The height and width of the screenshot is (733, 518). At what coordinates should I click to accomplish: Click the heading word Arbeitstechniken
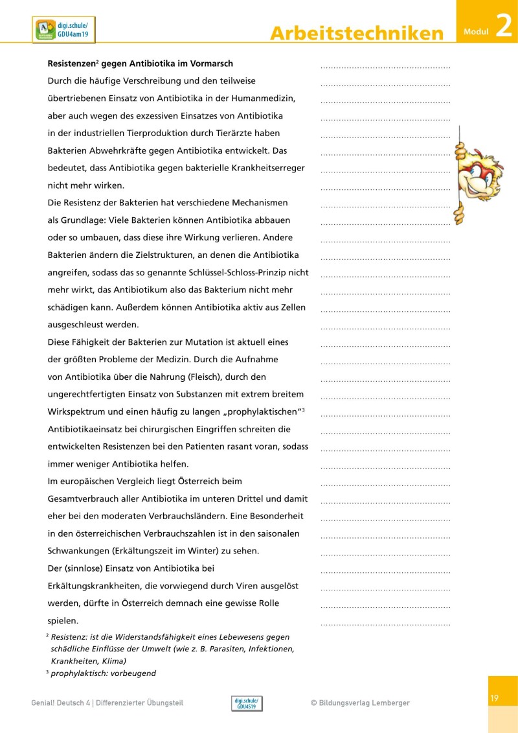(x=357, y=34)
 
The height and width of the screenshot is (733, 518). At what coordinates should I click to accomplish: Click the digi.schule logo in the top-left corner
(x=63, y=30)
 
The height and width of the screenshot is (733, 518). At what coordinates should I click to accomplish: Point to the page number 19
(x=494, y=698)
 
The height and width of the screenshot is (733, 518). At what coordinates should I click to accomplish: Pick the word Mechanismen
(x=256, y=203)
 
